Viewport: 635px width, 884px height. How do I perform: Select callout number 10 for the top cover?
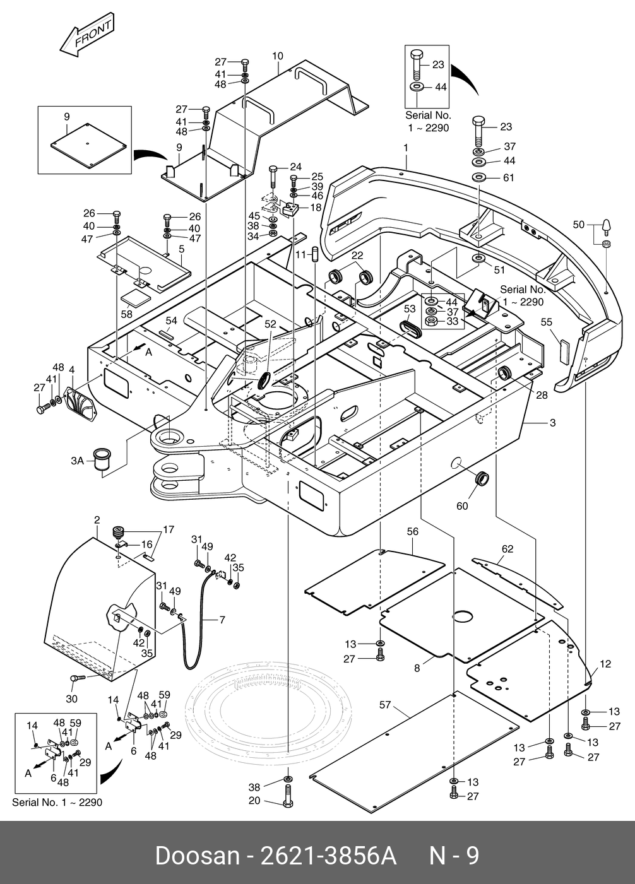pos(277,56)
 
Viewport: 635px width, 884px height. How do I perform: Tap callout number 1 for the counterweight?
pos(406,148)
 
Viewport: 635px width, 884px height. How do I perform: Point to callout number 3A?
pos(77,461)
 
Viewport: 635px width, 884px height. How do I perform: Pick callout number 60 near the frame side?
pos(462,505)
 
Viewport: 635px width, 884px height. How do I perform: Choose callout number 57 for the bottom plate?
pos(385,704)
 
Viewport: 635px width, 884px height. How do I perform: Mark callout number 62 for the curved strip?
pos(507,549)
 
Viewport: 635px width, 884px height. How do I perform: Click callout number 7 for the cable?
pos(222,620)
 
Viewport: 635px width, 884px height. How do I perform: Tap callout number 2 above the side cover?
pos(97,521)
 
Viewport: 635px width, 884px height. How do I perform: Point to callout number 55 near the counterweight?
pos(547,322)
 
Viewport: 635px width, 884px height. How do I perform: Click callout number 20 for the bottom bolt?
pos(254,801)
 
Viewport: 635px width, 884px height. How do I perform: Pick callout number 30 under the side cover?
pos(71,698)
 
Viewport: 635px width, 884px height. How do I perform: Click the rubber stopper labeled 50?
pos(606,224)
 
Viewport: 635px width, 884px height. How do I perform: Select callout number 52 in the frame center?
pos(270,324)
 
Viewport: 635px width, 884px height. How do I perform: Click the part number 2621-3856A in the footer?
pos(328,856)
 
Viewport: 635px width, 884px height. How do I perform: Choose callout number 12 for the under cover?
pos(605,664)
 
